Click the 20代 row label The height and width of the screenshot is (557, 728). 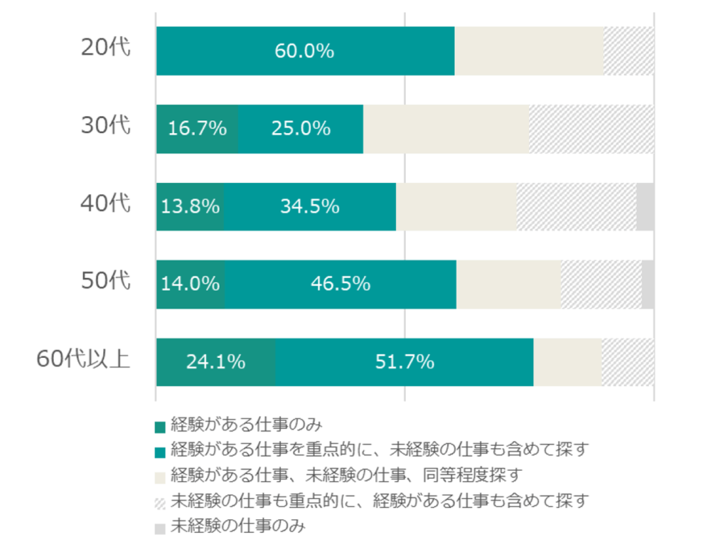coord(106,48)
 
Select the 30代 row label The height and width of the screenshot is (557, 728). coord(106,127)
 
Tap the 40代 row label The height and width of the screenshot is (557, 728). coord(106,205)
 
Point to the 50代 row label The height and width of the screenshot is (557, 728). coord(106,282)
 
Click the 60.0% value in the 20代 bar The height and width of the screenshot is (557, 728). coord(305,51)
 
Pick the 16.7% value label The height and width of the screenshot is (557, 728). coord(197,129)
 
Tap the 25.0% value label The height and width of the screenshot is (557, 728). coord(301,129)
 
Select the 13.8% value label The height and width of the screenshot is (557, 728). coord(190,206)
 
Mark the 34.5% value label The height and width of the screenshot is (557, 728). coord(309,206)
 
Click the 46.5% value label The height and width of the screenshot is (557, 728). coord(341,284)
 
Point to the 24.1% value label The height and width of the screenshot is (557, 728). coord(215,362)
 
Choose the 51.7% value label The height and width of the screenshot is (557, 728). coord(405,362)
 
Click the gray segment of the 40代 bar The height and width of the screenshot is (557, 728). coord(645,206)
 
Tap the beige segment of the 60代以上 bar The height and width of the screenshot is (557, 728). coord(567,362)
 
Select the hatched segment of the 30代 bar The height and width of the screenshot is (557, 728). coord(591,129)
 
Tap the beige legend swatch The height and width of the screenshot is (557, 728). coord(160,477)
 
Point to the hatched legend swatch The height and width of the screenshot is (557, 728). coord(160,503)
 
